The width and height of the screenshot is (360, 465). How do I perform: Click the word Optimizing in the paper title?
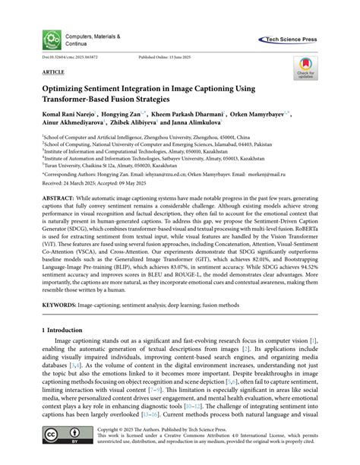point(64,90)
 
